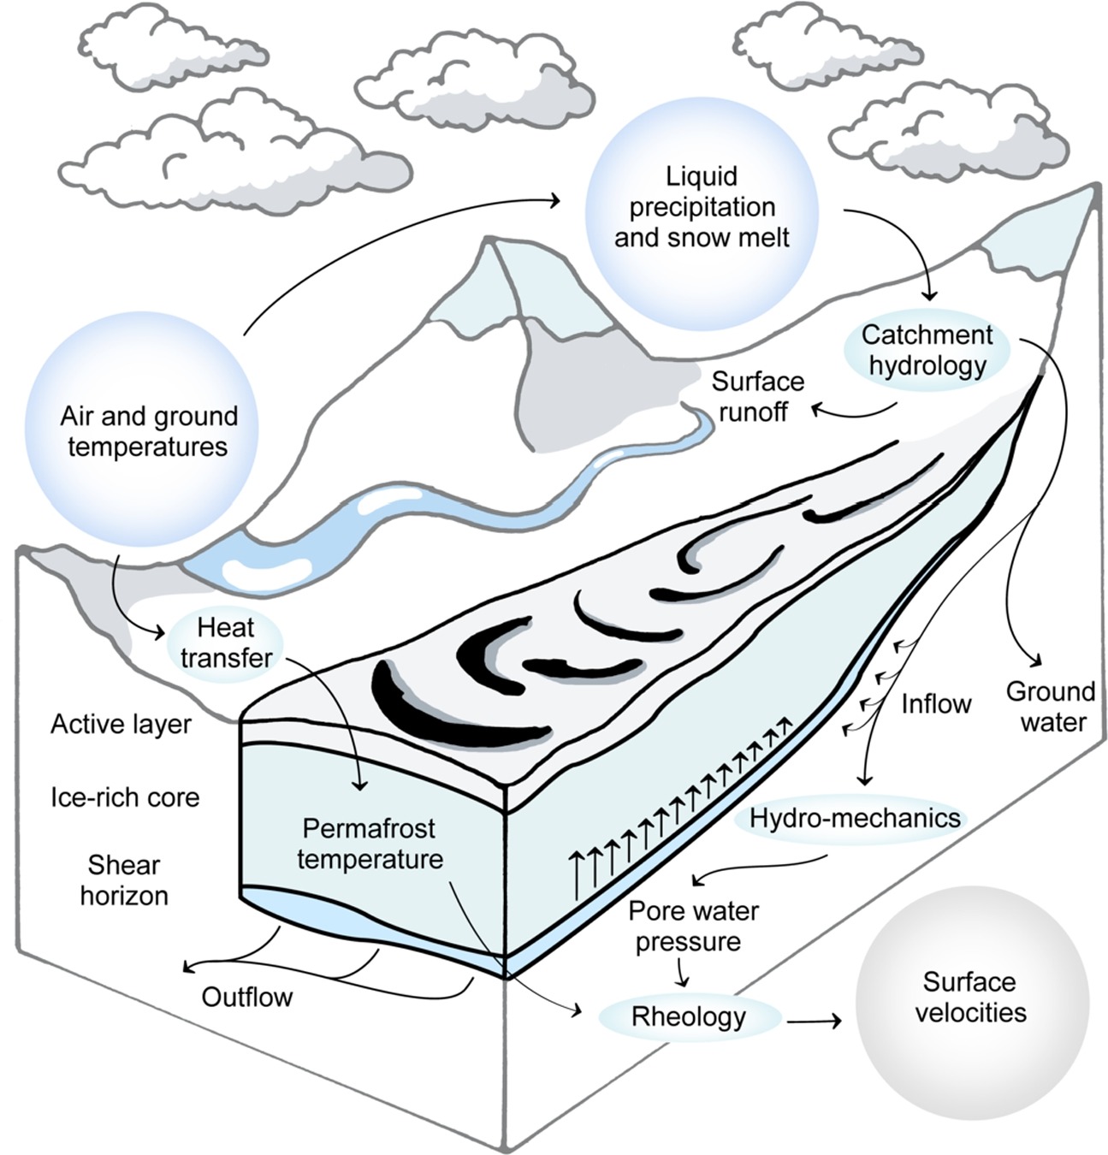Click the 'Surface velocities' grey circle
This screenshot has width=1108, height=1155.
pyautogui.click(x=971, y=998)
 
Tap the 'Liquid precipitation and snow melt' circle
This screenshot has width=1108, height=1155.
pyautogui.click(x=702, y=207)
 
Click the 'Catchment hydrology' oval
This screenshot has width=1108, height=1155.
pyautogui.click(x=927, y=350)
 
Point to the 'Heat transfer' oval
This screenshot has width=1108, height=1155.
pyautogui.click(x=226, y=643)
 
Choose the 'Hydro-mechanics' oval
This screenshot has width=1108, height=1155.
pyautogui.click(x=854, y=819)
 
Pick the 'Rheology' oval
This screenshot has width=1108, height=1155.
pyautogui.click(x=689, y=1016)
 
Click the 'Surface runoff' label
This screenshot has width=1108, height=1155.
pyautogui.click(x=757, y=396)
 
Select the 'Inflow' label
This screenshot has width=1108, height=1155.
pyautogui.click(x=936, y=704)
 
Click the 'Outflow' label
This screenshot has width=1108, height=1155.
pyautogui.click(x=247, y=997)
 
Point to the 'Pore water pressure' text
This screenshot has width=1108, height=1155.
pyautogui.click(x=693, y=927)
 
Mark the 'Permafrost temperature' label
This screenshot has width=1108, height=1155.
pyautogui.click(x=370, y=844)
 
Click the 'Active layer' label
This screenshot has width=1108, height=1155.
pyautogui.click(x=121, y=725)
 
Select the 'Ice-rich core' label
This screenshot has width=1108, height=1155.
pyautogui.click(x=125, y=797)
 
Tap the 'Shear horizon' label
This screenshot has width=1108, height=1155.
pyautogui.click(x=124, y=880)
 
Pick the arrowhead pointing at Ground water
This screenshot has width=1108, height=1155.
pyautogui.click(x=1037, y=662)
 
